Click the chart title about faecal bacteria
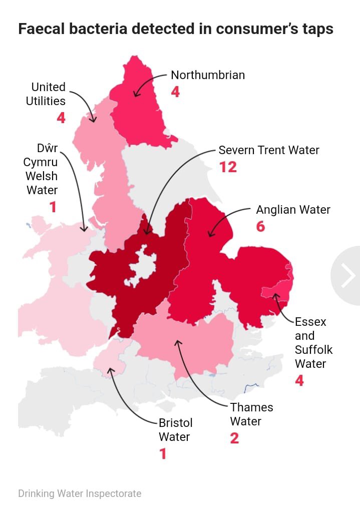pos(176,29)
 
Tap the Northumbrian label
pos(208,75)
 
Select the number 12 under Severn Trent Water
pos(228,167)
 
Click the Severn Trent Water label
pos(269,150)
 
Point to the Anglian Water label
pos(293,210)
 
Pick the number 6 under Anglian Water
pos(260,226)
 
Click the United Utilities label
pos(46,94)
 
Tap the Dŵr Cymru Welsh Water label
pos(42,169)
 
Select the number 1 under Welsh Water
pos(53,207)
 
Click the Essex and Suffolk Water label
pos(313,342)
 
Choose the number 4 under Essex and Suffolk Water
pos(299,380)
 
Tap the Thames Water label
pos(251,414)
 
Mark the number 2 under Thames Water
pos(234,438)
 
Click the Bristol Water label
pos(175,430)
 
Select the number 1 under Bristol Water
pos(162,453)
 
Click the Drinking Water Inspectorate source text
pos(80,493)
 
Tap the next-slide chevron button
pos(347,276)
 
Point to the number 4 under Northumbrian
pos(175,92)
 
